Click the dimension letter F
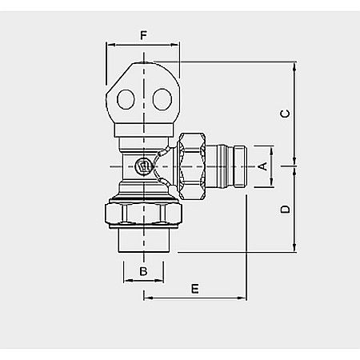pos(143,35)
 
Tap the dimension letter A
pos(262,166)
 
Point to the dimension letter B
pos(144,271)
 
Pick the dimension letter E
pos(194,288)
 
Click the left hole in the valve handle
pos(126,101)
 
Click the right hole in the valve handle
pos(161,101)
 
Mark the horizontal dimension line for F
pos(144,46)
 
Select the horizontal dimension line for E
pos(194,298)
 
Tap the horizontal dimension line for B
pos(144,281)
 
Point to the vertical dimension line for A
pos(272,166)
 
